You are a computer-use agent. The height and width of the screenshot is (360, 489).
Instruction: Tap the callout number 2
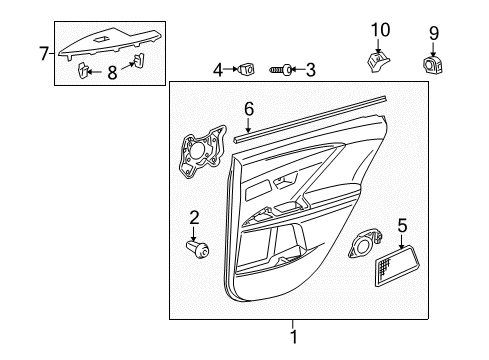click(196, 217)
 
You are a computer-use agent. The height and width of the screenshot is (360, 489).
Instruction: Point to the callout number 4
click(218, 69)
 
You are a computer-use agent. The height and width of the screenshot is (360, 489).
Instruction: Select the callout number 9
click(434, 33)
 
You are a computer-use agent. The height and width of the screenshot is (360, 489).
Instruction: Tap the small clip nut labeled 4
click(246, 69)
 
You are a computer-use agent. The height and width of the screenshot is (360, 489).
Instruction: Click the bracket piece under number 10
click(378, 62)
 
